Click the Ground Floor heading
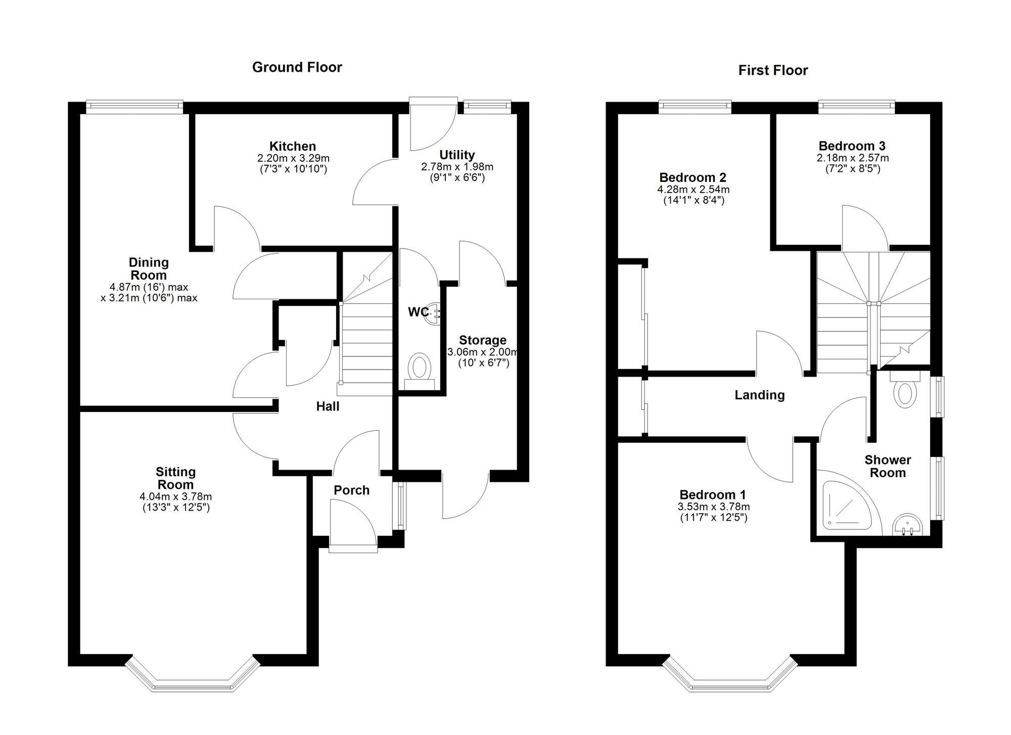click(x=297, y=67)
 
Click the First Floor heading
click(x=773, y=70)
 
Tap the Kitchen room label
click(x=292, y=146)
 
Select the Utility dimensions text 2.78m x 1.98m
click(x=457, y=167)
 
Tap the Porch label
click(x=351, y=490)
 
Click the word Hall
click(x=328, y=406)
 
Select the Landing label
click(x=759, y=395)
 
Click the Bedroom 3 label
click(x=852, y=146)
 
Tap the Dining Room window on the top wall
click(x=134, y=105)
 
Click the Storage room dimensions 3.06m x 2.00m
click(x=482, y=352)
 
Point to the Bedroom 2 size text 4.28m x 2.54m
click(x=693, y=190)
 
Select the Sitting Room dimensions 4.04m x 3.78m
click(x=175, y=497)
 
